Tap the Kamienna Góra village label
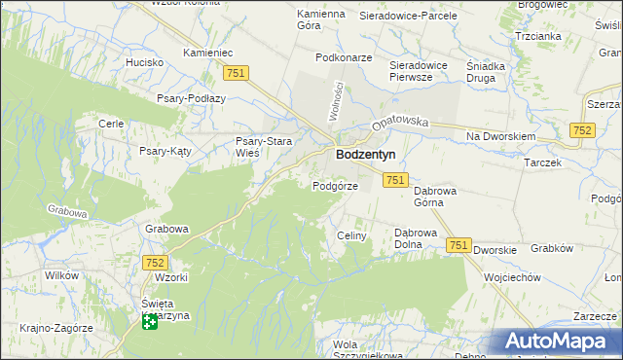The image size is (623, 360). click(x=321, y=19)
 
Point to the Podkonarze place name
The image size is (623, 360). click(x=344, y=57)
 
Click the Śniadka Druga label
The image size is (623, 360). click(x=486, y=73)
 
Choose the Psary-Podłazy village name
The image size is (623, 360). click(x=191, y=98)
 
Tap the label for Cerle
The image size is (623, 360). click(x=110, y=124)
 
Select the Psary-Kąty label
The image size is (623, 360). click(x=165, y=151)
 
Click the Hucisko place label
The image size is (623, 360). click(x=144, y=62)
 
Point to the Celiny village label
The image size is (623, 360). click(x=350, y=235)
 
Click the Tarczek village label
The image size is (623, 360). click(x=542, y=162)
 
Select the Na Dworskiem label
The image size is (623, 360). click(x=501, y=137)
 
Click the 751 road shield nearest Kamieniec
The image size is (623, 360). click(x=237, y=73)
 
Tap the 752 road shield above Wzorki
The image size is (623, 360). click(x=155, y=262)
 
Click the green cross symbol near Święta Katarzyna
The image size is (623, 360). click(x=149, y=321)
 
